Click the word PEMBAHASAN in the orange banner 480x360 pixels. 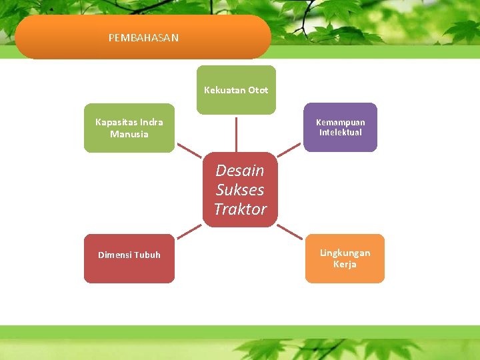(x=143, y=38)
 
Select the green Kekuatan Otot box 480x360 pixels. (x=235, y=90)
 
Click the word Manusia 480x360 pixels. (x=129, y=134)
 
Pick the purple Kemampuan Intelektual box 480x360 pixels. (x=340, y=127)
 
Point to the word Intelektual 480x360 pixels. (x=340, y=133)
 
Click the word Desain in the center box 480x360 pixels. (x=240, y=171)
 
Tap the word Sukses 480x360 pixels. (x=240, y=190)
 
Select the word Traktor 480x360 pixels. (x=240, y=209)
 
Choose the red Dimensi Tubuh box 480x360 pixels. (x=129, y=259)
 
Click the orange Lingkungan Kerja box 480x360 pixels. (x=345, y=259)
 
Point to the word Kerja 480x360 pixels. (x=345, y=265)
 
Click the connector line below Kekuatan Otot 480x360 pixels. (x=235, y=133)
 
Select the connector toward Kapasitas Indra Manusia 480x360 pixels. (x=189, y=152)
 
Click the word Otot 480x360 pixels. (x=258, y=90)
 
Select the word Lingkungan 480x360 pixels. (x=345, y=253)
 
